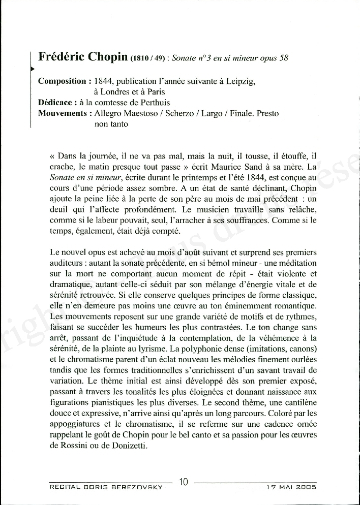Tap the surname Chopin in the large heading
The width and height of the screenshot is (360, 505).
(x=107, y=56)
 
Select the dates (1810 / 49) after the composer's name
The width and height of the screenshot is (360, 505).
(x=148, y=58)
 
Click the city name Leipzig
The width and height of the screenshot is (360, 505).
(x=240, y=81)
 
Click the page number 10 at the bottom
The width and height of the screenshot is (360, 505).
(x=184, y=482)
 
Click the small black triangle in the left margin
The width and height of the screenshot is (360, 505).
(x=32, y=68)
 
